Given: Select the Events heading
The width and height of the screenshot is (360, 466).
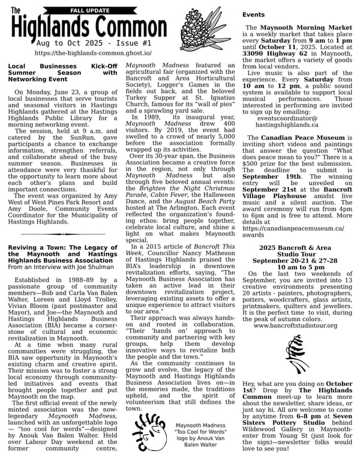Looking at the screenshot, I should coord(253,14).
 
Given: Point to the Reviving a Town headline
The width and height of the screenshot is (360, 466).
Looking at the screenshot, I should coord(63,254).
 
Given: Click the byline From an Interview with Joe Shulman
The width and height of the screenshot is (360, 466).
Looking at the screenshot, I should coord(52,267).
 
